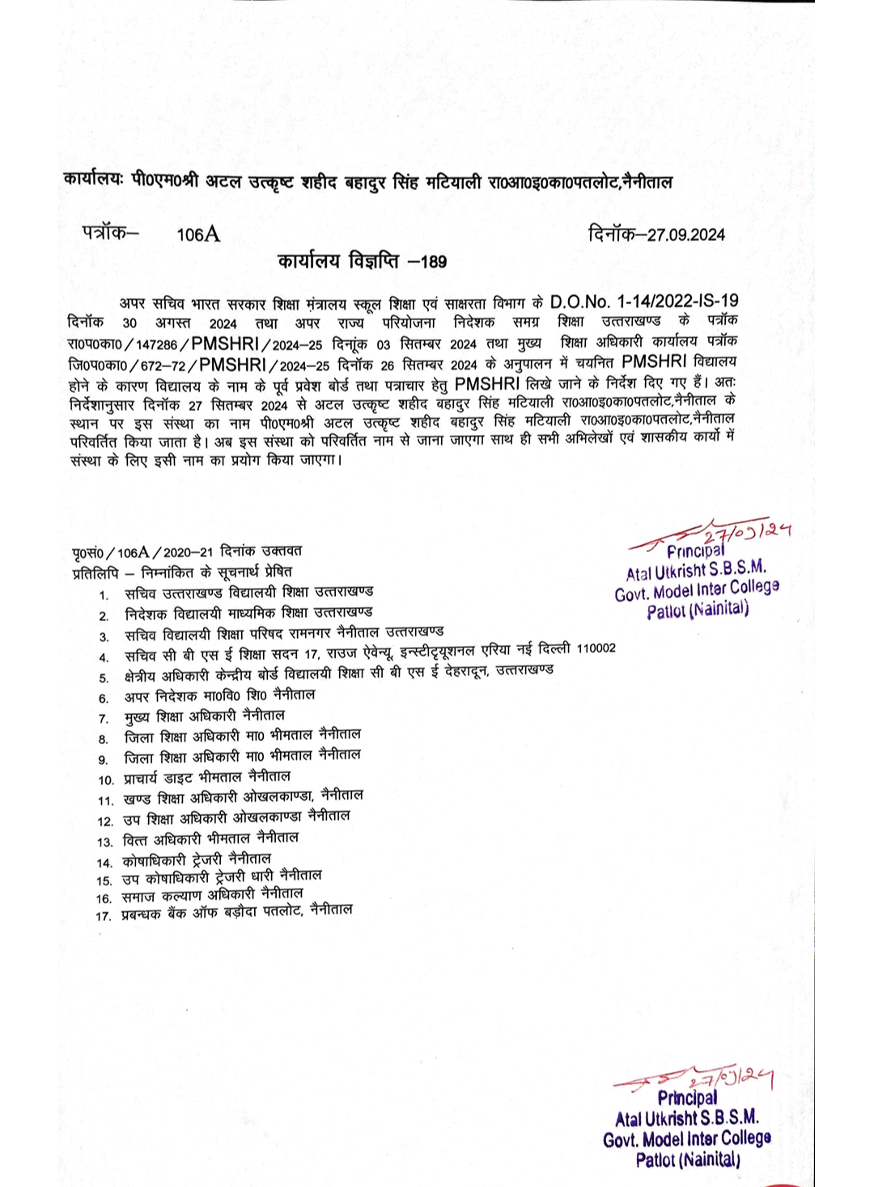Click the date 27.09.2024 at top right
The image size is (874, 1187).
[x=686, y=235]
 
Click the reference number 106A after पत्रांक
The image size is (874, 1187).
[x=197, y=234]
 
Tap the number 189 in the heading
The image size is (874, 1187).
[x=434, y=262]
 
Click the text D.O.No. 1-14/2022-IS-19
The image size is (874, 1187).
[x=643, y=302]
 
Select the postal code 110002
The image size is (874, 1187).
[x=596, y=648]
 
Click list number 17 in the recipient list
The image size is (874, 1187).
[x=103, y=916]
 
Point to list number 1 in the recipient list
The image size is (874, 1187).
[x=104, y=596]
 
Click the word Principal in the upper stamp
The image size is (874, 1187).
[x=694, y=551]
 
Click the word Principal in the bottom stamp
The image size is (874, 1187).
[x=687, y=1097]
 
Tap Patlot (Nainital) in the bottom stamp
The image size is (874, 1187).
[x=687, y=1160]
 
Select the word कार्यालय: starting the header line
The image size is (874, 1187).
[x=93, y=180]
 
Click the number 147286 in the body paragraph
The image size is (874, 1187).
[x=156, y=344]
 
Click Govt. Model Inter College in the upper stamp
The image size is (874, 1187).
[x=696, y=590]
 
